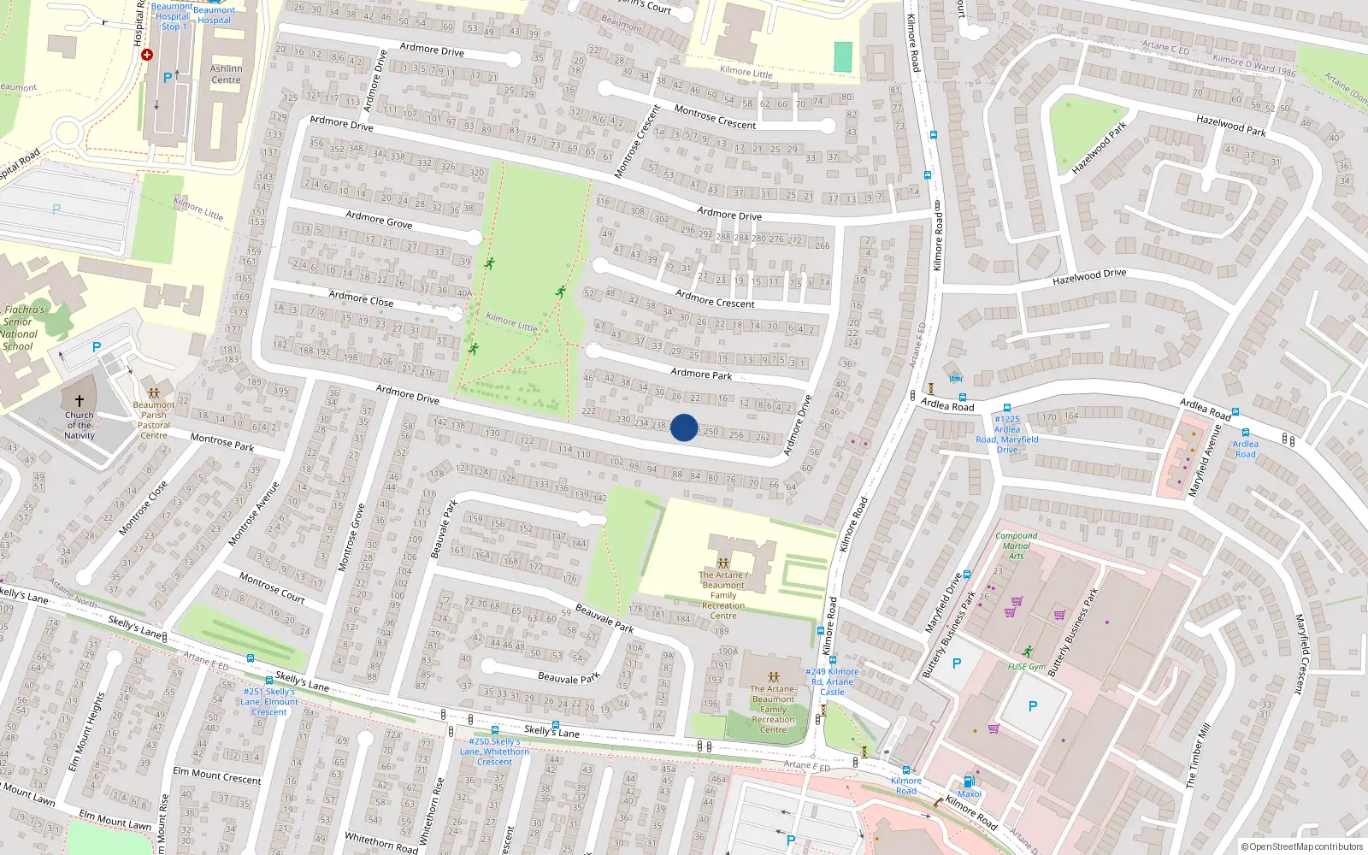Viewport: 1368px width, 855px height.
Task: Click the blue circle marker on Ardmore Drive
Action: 684,427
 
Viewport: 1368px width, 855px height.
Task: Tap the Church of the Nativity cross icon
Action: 80,400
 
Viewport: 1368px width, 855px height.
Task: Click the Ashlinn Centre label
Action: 227,74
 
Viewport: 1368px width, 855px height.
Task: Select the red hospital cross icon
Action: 147,55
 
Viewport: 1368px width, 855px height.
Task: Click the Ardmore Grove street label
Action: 379,220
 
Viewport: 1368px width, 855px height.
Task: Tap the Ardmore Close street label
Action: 361,298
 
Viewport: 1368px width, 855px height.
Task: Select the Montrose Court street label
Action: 272,587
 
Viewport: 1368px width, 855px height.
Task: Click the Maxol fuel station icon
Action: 969,781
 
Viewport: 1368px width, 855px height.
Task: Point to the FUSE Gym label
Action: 1026,667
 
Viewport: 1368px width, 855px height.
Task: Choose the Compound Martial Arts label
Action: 1016,545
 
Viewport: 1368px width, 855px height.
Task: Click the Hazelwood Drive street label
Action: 1089,277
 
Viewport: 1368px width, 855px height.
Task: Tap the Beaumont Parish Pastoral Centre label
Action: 154,420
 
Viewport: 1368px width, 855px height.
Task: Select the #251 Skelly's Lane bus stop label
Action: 269,702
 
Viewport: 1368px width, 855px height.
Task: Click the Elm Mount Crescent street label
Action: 217,775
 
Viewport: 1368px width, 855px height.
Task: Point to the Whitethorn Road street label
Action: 381,842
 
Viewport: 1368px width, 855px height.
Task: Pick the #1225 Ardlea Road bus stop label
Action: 1007,434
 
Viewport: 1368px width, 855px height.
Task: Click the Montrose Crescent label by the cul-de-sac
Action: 715,117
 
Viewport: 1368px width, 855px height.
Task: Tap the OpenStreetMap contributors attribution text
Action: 1301,847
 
